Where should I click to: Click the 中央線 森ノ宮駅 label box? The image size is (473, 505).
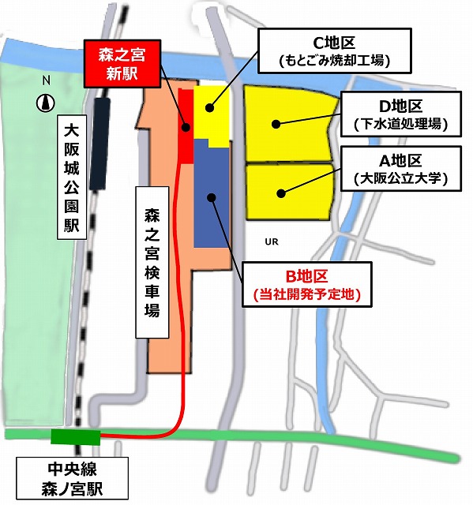[73, 478]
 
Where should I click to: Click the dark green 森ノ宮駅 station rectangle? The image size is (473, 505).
[76, 436]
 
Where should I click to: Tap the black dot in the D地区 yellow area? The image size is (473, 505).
[276, 123]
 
